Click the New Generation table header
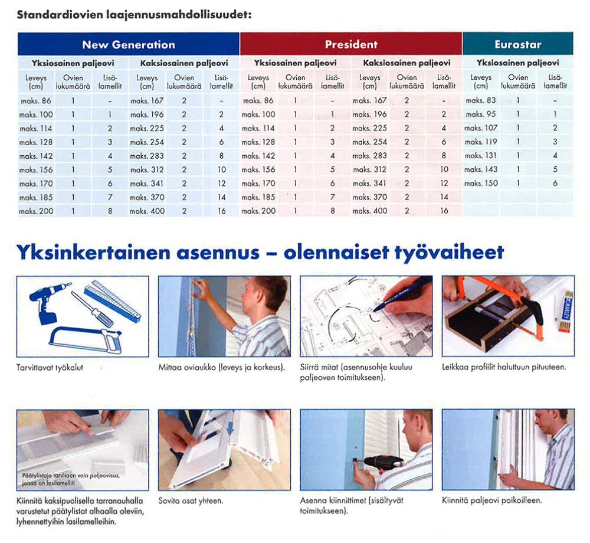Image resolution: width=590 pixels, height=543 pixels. click(x=129, y=44)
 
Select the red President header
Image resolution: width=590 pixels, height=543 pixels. click(x=351, y=44)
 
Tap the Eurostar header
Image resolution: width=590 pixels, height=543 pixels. click(x=517, y=44)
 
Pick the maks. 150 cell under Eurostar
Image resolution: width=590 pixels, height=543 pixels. click(x=481, y=183)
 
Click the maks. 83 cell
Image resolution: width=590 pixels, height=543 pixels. click(x=481, y=100)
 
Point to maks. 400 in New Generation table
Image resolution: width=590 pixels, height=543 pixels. click(x=147, y=211)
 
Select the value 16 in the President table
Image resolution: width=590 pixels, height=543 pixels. click(x=444, y=211)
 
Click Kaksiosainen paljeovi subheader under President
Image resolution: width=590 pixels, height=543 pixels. click(x=407, y=63)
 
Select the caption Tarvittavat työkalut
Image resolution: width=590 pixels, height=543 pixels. click(x=50, y=368)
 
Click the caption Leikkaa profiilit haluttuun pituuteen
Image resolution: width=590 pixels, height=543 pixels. click(x=504, y=367)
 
